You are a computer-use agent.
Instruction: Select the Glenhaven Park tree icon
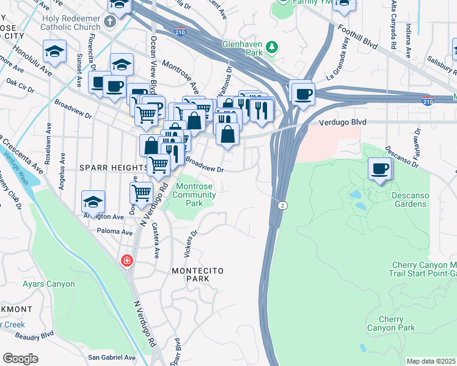coord(273,47)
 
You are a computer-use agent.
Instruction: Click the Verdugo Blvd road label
coord(342,122)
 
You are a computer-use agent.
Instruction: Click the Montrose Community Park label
coord(196,195)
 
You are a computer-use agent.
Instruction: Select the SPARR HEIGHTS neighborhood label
coord(112,167)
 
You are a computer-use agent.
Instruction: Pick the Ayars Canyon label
coord(48,284)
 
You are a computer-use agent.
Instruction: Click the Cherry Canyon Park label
coord(391,323)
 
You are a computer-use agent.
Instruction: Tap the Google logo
coord(20,359)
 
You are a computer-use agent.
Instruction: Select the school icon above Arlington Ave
coord(93,201)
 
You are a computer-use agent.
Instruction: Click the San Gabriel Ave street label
coord(112,357)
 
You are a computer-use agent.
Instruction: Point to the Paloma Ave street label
coord(114,232)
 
